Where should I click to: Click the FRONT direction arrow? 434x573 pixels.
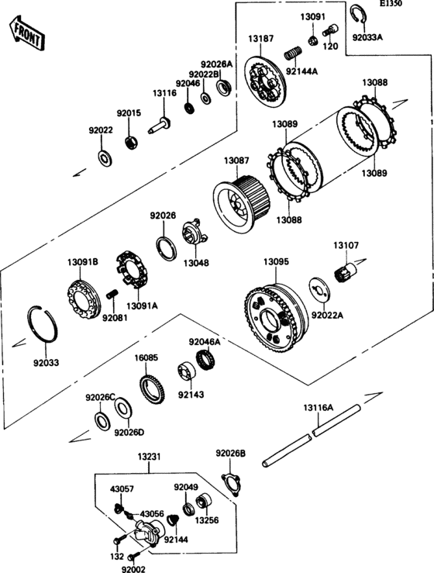[x=27, y=33]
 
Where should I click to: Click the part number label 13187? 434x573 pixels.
[x=261, y=38]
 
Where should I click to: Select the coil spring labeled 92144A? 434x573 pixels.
[x=293, y=54]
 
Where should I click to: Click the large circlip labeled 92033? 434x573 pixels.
[x=43, y=324]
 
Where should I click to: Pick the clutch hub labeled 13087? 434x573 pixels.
[x=240, y=205]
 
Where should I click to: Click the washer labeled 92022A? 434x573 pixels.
[x=319, y=289]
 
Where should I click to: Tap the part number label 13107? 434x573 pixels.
[x=346, y=245]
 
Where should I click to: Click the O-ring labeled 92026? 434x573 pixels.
[x=166, y=248]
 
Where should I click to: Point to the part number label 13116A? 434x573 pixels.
[x=319, y=408]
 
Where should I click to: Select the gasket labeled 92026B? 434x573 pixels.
[x=232, y=484]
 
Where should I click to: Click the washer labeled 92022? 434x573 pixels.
[x=105, y=157]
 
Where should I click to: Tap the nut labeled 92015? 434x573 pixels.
[x=131, y=142]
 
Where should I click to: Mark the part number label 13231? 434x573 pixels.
[x=149, y=457]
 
